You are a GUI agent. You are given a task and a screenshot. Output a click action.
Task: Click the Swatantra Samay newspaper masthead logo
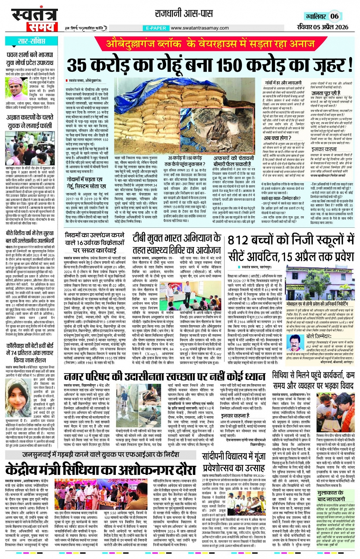[x=35, y=20]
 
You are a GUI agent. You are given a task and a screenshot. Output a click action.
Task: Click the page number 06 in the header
[x=334, y=16]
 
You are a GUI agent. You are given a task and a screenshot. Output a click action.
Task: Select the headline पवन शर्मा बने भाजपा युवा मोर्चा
[x=30, y=59]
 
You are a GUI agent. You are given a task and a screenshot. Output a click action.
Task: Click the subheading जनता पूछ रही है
[x=326, y=93]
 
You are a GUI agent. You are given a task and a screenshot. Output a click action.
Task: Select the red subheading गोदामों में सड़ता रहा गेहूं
[x=86, y=183]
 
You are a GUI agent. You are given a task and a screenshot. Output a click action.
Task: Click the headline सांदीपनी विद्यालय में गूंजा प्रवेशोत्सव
[x=234, y=462]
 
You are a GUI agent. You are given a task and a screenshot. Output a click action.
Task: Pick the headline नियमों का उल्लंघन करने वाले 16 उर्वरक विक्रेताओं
[x=95, y=242]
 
